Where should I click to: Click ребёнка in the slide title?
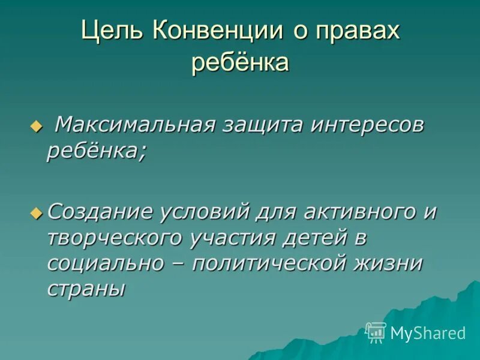pyautogui.click(x=240, y=62)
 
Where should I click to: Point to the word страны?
pyautogui.click(x=86, y=289)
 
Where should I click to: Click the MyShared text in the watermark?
pyautogui.click(x=428, y=332)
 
